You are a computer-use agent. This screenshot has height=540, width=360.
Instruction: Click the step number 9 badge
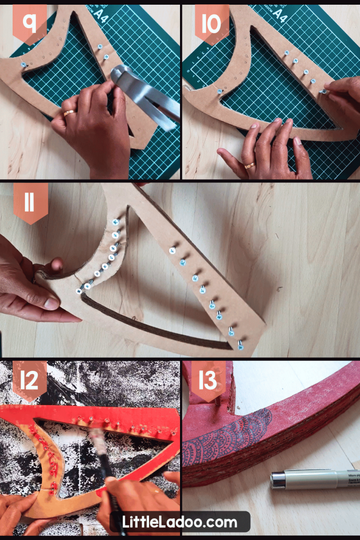30,23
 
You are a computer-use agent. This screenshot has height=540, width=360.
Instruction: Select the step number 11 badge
30,203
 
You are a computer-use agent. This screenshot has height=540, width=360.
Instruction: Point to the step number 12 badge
30,381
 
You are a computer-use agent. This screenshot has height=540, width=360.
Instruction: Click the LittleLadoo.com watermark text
180,522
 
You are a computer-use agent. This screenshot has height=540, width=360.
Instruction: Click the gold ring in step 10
249,165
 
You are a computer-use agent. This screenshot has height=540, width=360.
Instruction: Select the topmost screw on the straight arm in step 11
172,250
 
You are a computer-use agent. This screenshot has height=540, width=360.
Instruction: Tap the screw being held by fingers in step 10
323,92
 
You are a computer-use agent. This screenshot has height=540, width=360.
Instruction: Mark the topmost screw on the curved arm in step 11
115,221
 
